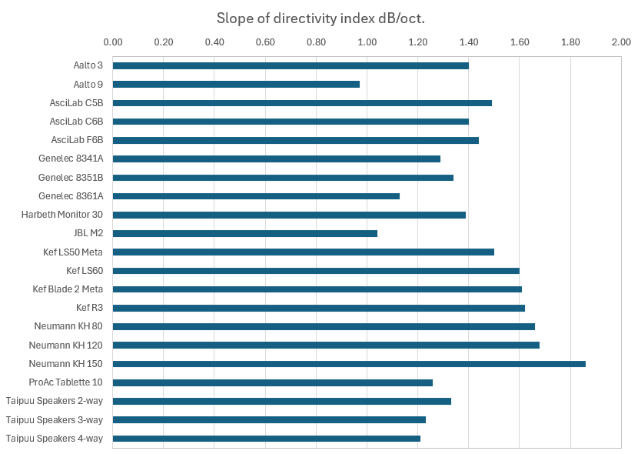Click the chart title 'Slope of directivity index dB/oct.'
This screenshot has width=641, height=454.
tap(320, 18)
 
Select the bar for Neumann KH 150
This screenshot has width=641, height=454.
tap(349, 364)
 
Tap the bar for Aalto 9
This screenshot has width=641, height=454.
tap(236, 84)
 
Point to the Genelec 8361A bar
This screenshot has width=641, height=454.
tap(256, 195)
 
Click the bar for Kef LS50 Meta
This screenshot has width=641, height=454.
tap(304, 252)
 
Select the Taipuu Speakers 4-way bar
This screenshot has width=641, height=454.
tap(267, 439)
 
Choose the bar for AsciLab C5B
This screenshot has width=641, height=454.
tap(302, 102)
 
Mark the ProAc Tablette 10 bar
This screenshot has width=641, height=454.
tap(273, 382)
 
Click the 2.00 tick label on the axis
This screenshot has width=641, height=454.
tap(620, 42)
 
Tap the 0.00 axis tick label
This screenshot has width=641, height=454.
tap(113, 42)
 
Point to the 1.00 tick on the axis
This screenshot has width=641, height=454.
tap(367, 42)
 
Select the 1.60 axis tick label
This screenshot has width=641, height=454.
tap(519, 42)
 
